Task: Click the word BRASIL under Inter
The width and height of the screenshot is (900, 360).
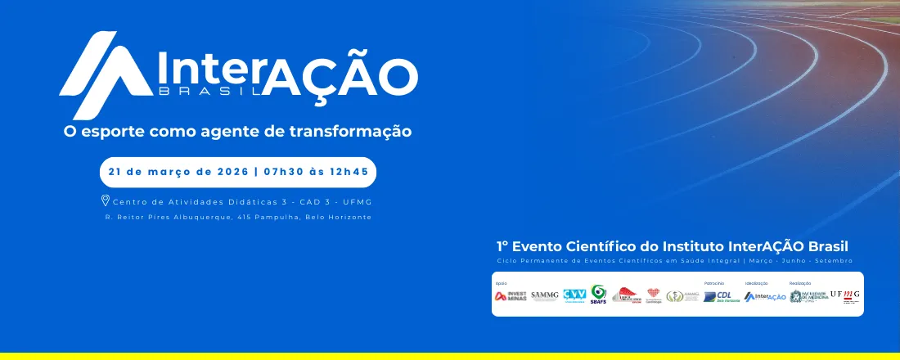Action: pos(209,91)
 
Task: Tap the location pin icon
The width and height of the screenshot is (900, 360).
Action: pos(106,200)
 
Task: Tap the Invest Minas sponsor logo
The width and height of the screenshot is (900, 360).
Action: pos(511,296)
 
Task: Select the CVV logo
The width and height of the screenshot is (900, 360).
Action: pos(574,295)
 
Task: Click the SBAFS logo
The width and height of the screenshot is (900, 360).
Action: pos(599,294)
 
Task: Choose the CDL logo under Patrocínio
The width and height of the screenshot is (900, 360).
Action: pos(718,296)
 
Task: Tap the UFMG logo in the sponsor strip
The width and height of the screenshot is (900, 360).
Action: pos(845,295)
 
